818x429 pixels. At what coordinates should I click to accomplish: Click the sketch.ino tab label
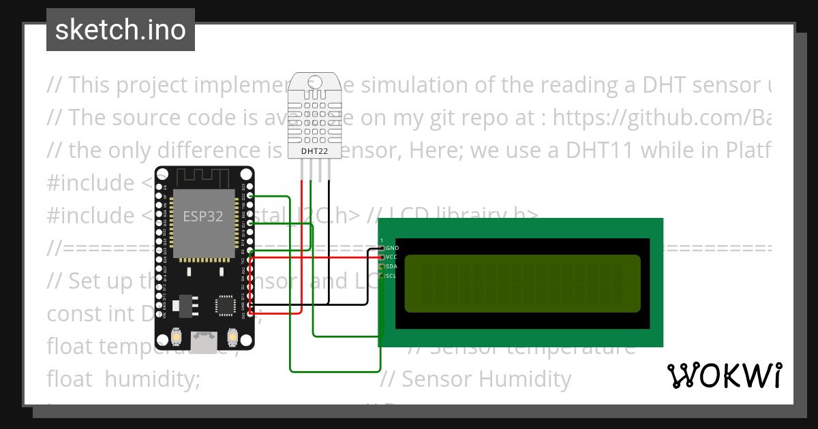(120, 30)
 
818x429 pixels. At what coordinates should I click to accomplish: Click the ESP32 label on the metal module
(202, 217)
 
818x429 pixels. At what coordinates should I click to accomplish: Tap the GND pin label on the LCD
(392, 248)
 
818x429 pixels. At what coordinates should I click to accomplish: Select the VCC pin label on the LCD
(391, 257)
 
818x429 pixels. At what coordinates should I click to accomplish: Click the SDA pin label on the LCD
(391, 266)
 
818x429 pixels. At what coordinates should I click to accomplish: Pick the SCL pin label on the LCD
(391, 276)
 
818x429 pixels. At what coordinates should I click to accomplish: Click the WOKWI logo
(724, 375)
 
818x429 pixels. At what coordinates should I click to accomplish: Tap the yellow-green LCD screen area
(522, 283)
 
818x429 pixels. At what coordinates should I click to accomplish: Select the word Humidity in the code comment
(529, 379)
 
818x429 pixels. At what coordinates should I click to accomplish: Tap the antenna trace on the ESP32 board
(203, 179)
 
